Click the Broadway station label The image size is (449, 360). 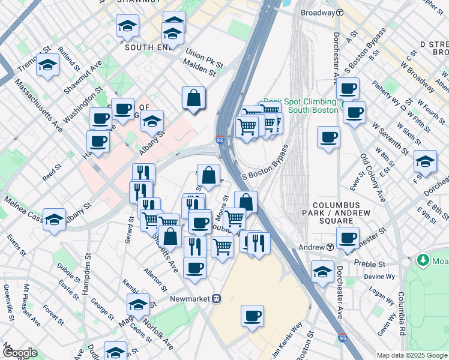click(x=317, y=12)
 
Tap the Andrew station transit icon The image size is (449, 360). click(x=330, y=247)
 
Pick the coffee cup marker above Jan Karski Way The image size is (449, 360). click(x=252, y=316)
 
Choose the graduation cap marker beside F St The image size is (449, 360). click(x=425, y=161)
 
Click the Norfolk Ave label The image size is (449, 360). click(x=163, y=337)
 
